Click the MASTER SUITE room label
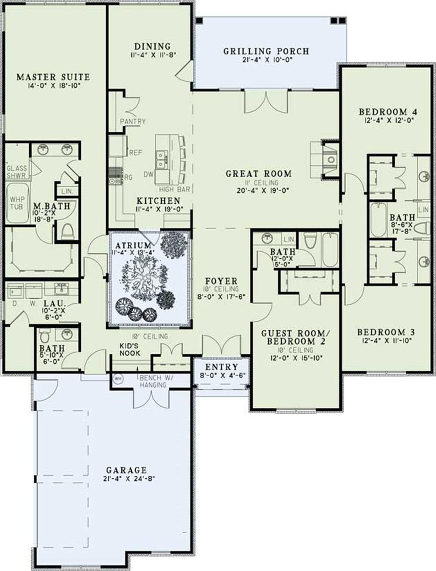coord(53,77)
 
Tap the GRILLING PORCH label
coord(266,51)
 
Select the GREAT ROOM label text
coord(259,174)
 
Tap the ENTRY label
coord(221,367)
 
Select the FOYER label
coord(221,281)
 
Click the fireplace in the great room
coord(330,159)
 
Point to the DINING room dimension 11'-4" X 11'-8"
coord(152,55)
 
